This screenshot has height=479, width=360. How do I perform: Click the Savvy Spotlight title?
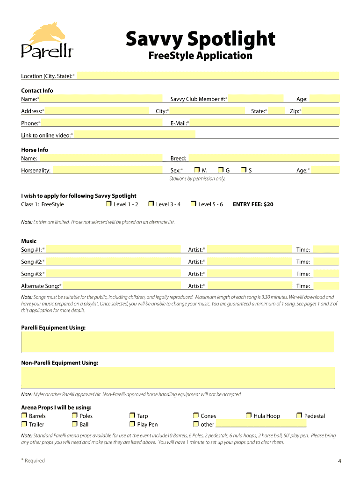(x=200, y=39)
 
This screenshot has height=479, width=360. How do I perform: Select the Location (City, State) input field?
(x=208, y=76)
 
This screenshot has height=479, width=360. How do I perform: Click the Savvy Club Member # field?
(x=256, y=99)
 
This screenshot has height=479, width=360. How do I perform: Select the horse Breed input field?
(x=263, y=158)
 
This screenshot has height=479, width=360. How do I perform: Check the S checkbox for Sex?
(x=244, y=170)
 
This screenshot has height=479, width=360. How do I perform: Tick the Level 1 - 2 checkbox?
(x=108, y=204)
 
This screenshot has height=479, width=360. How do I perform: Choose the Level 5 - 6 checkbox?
(x=193, y=204)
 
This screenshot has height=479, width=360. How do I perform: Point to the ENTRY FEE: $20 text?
(x=253, y=204)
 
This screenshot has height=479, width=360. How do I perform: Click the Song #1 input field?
(x=114, y=249)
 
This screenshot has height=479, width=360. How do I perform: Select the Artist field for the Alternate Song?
(x=249, y=286)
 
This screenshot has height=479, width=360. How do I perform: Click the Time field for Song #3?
(x=325, y=274)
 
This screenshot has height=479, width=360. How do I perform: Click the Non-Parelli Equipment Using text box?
(x=178, y=377)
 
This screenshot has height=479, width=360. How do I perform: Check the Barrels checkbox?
(x=24, y=415)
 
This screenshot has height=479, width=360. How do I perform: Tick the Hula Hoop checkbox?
(x=249, y=415)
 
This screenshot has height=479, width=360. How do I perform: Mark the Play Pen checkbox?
(x=132, y=424)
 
